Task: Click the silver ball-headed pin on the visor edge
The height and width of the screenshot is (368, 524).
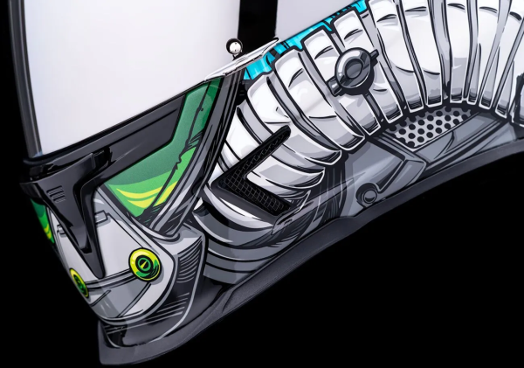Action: [233, 45]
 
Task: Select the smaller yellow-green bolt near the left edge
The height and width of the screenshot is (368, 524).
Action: [79, 281]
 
